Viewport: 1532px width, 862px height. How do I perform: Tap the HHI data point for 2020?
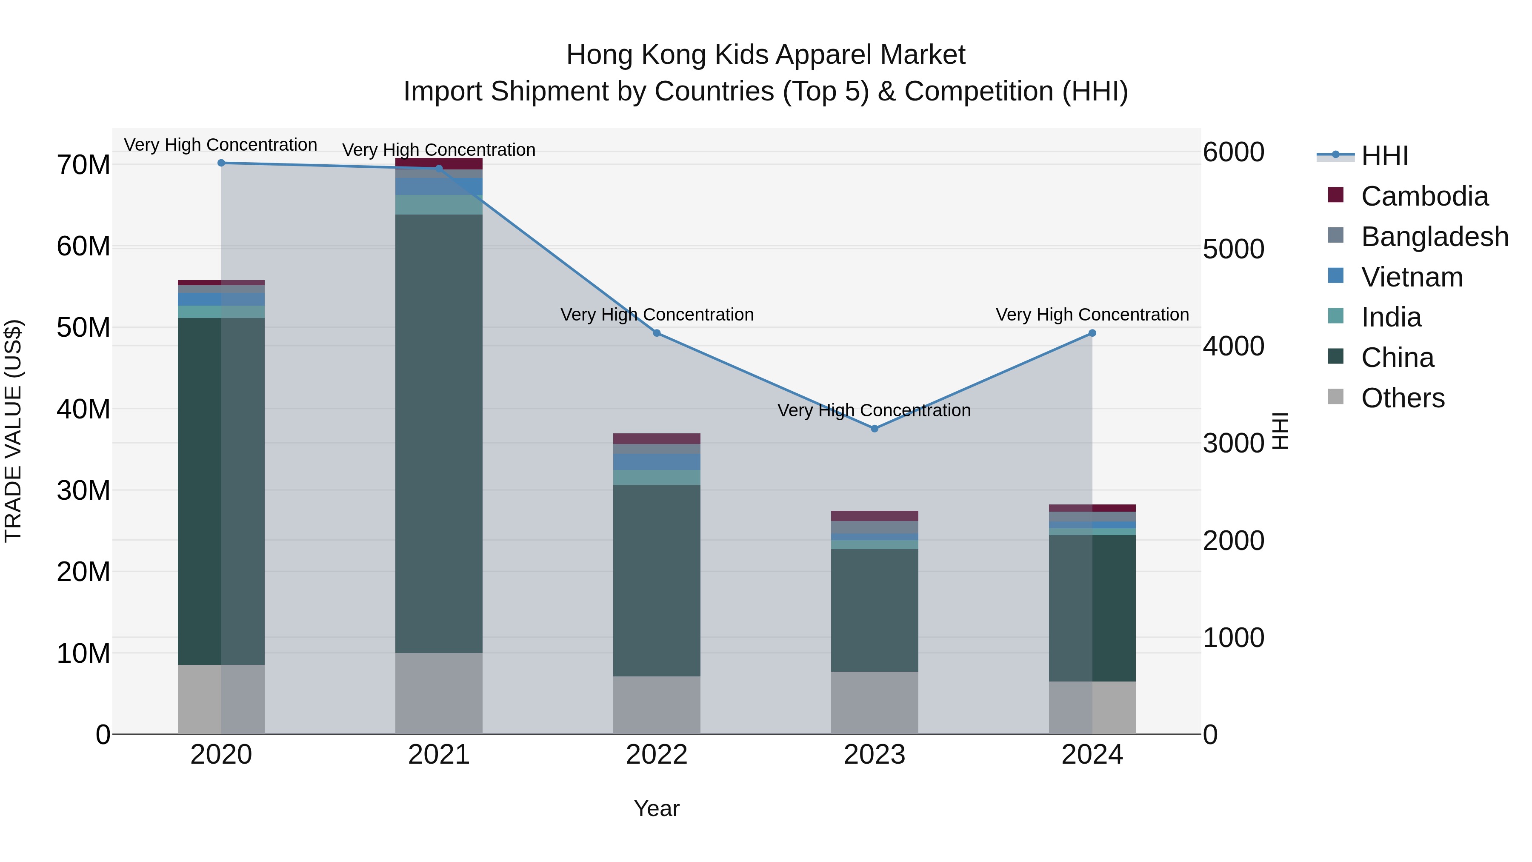click(x=221, y=163)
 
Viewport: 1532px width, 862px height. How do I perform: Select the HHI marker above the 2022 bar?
click(x=657, y=333)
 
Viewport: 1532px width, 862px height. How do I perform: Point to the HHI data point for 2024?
click(x=1092, y=333)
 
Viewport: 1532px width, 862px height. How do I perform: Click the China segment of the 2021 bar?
click(x=439, y=434)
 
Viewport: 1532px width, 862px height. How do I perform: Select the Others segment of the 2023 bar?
click(x=874, y=703)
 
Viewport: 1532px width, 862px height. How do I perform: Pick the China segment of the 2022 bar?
click(x=657, y=580)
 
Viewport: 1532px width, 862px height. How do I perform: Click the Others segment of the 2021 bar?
click(x=439, y=694)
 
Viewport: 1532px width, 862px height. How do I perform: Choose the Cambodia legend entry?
click(x=1424, y=196)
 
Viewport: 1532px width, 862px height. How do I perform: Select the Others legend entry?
click(x=1402, y=398)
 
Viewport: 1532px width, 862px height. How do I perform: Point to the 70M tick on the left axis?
click(x=83, y=166)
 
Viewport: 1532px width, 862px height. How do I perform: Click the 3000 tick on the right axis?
click(x=1233, y=443)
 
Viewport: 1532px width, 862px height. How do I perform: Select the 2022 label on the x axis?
click(x=657, y=755)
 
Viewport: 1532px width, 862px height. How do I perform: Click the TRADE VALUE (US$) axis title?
click(x=13, y=431)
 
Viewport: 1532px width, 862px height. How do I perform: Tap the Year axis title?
click(x=657, y=808)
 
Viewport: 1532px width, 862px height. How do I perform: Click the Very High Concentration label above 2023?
click(x=874, y=410)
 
